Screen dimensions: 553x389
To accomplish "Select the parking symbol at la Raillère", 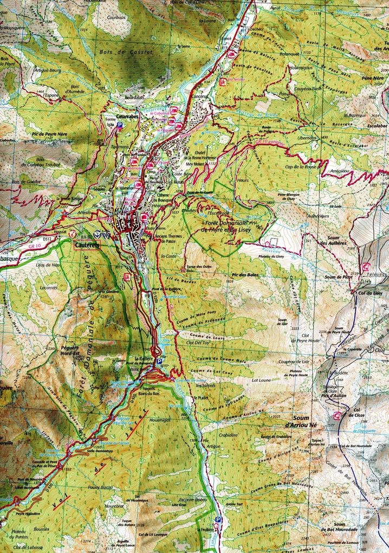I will (x=159, y=361).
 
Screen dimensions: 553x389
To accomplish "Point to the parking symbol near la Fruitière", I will (x=218, y=519).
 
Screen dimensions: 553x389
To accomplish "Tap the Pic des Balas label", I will (x=245, y=275).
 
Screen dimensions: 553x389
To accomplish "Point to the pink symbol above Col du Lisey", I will (x=366, y=266).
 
